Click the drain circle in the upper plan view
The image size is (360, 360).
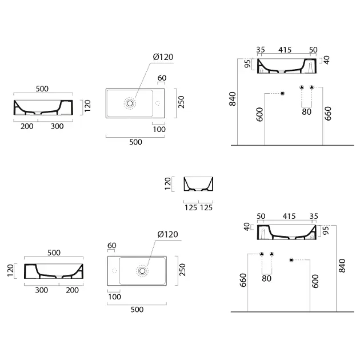[130, 103]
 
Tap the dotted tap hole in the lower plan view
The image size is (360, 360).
[114, 271]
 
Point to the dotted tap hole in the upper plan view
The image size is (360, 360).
[158, 103]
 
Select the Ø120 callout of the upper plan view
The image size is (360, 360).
[163, 57]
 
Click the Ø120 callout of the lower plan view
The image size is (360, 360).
[168, 234]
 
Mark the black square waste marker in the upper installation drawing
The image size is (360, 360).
[283, 94]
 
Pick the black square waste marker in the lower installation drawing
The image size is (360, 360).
[291, 260]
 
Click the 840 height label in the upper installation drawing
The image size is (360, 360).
[233, 99]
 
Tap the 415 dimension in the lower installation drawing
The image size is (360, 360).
[289, 216]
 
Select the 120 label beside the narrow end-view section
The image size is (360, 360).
[168, 183]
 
